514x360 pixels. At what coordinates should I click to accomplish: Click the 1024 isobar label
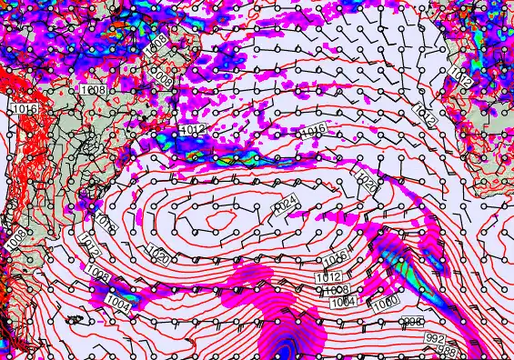tap(286, 202)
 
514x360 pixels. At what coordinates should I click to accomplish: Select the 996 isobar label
tap(413, 323)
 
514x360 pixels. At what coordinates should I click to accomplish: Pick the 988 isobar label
tap(448, 350)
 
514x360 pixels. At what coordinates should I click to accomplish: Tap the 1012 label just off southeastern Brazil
tap(193, 131)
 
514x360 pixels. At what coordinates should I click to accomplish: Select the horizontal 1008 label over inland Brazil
tap(93, 90)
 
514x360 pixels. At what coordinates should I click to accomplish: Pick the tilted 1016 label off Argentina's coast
tap(104, 222)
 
